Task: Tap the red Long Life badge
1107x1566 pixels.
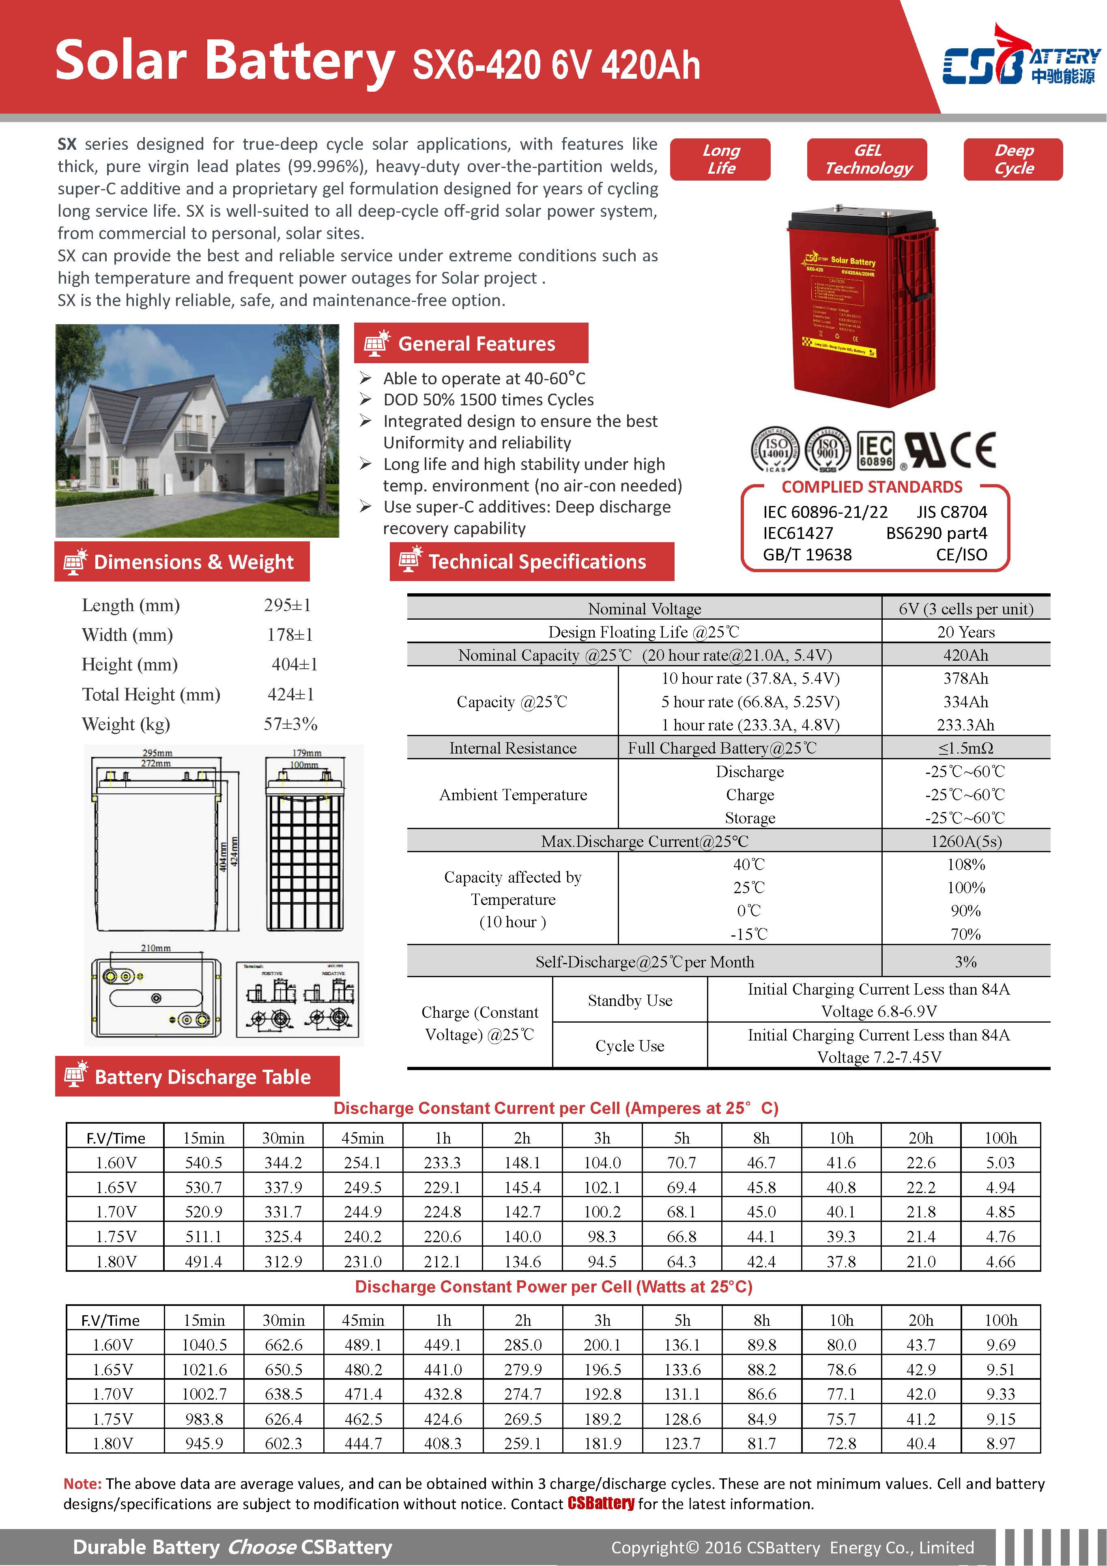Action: (720, 159)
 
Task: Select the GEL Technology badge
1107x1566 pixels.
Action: (867, 159)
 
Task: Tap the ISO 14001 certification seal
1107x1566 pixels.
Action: (775, 450)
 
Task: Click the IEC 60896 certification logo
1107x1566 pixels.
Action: (875, 450)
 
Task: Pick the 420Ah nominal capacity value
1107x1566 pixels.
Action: (965, 655)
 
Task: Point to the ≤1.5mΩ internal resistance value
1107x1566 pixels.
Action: (965, 748)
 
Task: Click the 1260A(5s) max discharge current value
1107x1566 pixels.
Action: (965, 841)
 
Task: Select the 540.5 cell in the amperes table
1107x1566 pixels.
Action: (203, 1162)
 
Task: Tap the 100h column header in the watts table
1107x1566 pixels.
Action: (1000, 1320)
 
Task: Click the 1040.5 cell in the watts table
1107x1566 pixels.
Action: (204, 1344)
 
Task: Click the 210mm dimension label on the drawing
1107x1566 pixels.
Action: (155, 948)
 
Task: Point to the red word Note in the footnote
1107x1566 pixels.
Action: (82, 1484)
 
